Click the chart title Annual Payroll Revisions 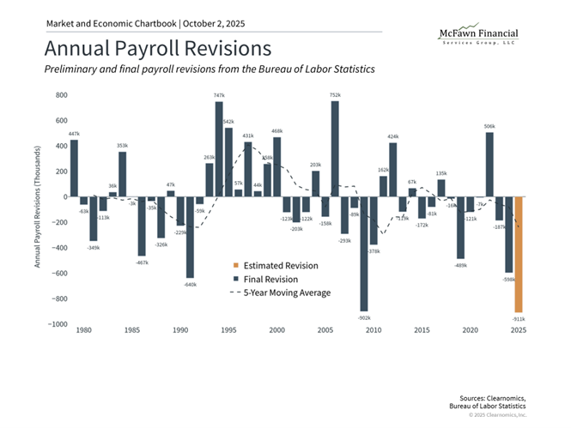(158, 47)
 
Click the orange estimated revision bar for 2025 (519, 254)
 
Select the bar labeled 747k (219, 149)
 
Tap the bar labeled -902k (364, 254)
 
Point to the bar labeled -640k (190, 238)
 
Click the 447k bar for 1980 (74, 168)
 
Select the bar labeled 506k (489, 164)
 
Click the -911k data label (518, 318)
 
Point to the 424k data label (393, 136)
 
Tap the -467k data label (142, 262)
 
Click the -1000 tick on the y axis (57, 324)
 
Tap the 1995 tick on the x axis (229, 329)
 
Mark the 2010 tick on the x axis (374, 329)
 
